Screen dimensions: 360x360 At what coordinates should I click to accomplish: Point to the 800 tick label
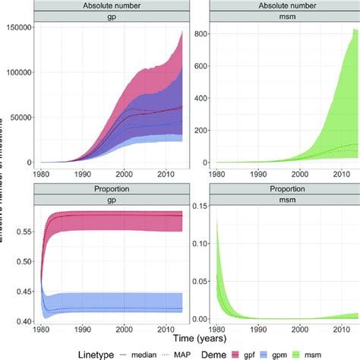pos(201,33)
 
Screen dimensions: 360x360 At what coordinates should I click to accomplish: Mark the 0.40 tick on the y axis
pos(23,321)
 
